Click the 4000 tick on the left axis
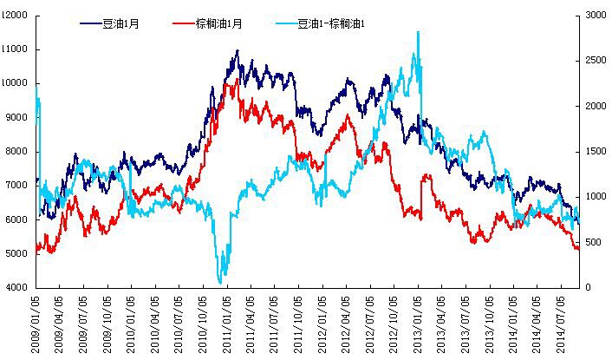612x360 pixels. [17, 287]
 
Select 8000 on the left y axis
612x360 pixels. [17, 152]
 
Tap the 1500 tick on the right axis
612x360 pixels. [596, 152]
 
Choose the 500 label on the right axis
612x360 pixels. [595, 242]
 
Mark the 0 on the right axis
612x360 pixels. [589, 287]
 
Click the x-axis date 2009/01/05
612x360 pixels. [36, 323]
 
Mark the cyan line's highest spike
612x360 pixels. [418, 32]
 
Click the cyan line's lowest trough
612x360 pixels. [220, 283]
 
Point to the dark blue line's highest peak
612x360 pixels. [237, 51]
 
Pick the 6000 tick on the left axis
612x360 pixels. [17, 219]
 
